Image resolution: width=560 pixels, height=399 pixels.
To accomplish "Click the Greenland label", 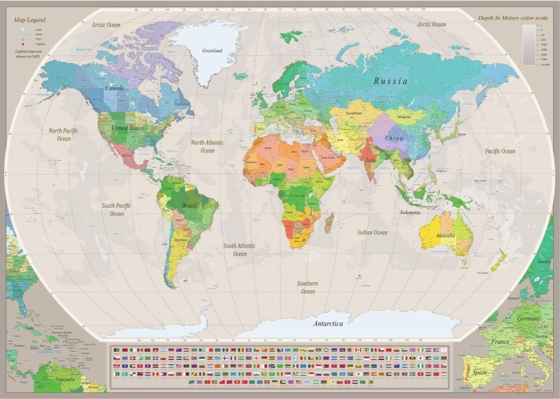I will pos(212,50).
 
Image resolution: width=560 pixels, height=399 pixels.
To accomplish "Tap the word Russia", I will pos(390,81).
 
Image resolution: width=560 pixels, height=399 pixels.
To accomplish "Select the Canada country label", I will pos(115,88).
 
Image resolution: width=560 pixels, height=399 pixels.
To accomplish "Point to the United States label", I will pos(127,128).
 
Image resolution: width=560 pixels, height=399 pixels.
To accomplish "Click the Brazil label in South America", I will pos(189,205).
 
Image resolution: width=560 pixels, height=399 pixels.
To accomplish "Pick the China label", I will pos(394,138).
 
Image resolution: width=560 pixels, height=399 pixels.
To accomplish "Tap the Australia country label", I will pos(445,235).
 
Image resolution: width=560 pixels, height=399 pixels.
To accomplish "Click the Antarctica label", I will pos(328,324).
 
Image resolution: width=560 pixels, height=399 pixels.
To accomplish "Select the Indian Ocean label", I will pos(372,232).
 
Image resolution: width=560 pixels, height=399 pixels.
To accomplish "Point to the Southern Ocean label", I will pos(308,287).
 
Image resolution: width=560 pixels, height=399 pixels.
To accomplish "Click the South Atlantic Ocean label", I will pos(239,249).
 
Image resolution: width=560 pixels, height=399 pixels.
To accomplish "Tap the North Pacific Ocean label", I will pos(64,135).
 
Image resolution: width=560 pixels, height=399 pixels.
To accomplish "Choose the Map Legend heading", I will pos(30,20).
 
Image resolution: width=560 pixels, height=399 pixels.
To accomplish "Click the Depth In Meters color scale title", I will pos(513,18).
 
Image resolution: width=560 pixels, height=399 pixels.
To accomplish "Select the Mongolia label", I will pos(404,117).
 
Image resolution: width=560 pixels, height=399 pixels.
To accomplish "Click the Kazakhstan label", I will pos(354,113).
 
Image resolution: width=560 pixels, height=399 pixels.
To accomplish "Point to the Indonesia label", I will pos(410,212).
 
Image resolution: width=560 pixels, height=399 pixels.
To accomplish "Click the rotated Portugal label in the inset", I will pos(466,371).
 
